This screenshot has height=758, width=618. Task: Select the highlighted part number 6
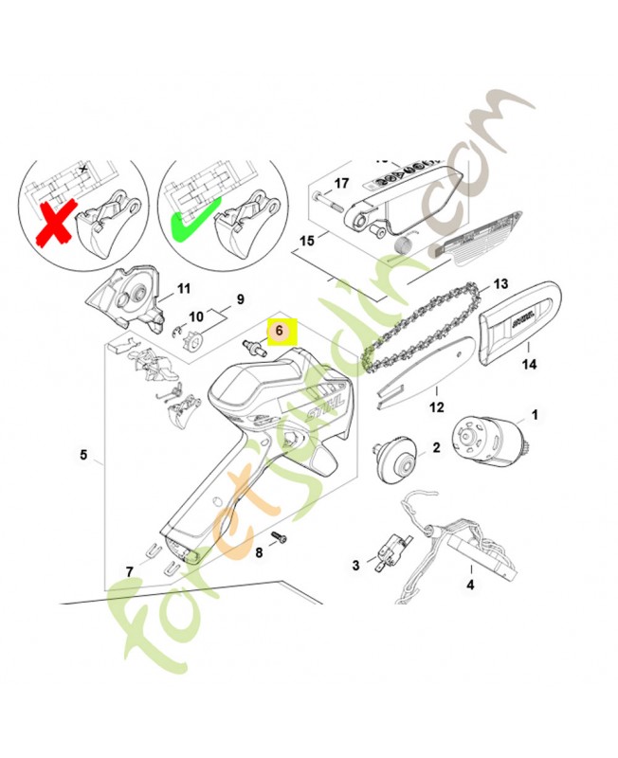point(280,331)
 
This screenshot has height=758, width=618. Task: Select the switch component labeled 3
point(387,552)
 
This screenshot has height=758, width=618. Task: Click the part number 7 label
point(130,571)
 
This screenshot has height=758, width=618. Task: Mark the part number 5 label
point(83,456)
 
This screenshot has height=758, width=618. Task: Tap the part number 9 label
point(240,298)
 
